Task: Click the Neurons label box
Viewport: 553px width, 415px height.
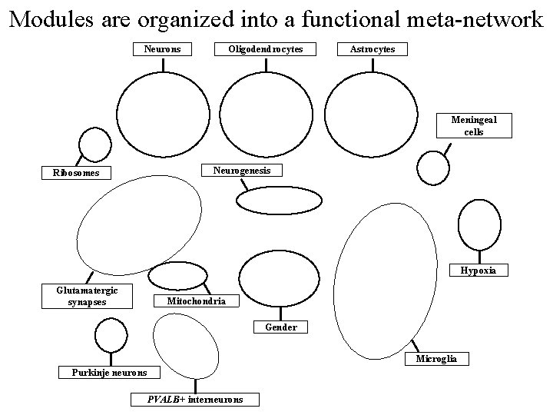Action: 163,49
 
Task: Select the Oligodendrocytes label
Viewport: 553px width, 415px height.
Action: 265,49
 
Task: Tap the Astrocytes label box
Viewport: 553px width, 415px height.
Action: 373,49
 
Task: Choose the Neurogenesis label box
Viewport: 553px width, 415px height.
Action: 241,170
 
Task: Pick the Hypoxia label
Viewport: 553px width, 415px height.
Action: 478,271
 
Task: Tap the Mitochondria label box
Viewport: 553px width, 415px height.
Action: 196,301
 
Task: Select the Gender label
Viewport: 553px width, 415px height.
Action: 281,327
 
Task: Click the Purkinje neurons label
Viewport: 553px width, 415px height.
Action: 110,373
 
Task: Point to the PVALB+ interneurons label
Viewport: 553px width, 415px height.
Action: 194,400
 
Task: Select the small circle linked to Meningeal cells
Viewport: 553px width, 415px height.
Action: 433,168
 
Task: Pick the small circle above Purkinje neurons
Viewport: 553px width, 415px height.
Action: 111,334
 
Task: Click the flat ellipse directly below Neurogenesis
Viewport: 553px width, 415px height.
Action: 278,201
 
